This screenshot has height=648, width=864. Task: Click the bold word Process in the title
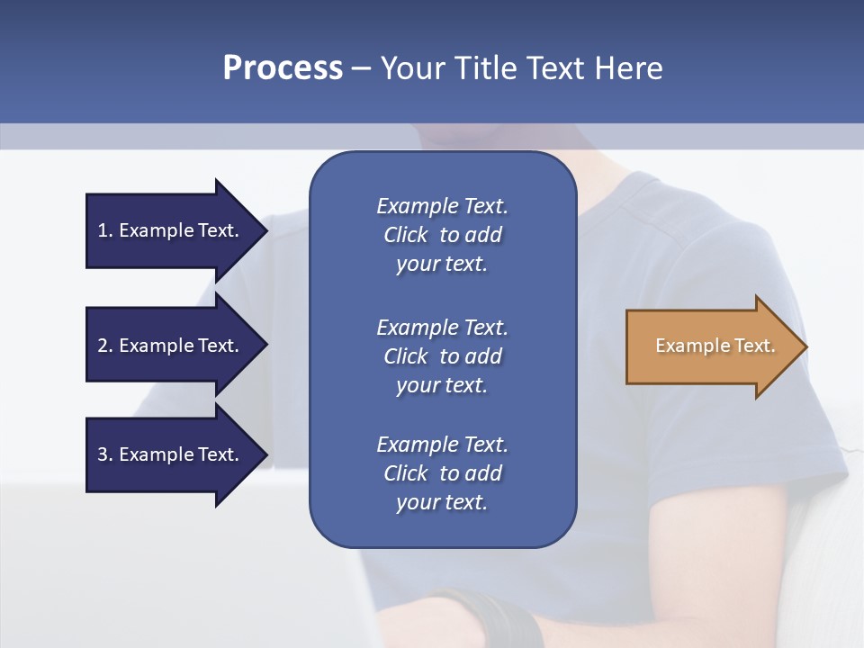[x=283, y=68]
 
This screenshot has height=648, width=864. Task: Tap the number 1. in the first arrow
[x=105, y=230]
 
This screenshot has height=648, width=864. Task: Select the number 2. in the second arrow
[x=105, y=346]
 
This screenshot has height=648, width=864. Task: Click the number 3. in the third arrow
[x=105, y=454]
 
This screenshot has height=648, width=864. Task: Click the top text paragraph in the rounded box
[x=442, y=235]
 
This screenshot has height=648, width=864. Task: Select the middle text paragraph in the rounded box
[x=442, y=356]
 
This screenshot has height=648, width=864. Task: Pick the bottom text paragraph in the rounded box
[x=442, y=473]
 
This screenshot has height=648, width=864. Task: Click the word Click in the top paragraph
[x=405, y=235]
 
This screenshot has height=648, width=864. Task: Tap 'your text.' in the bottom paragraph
[x=442, y=502]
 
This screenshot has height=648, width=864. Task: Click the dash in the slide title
[x=362, y=68]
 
